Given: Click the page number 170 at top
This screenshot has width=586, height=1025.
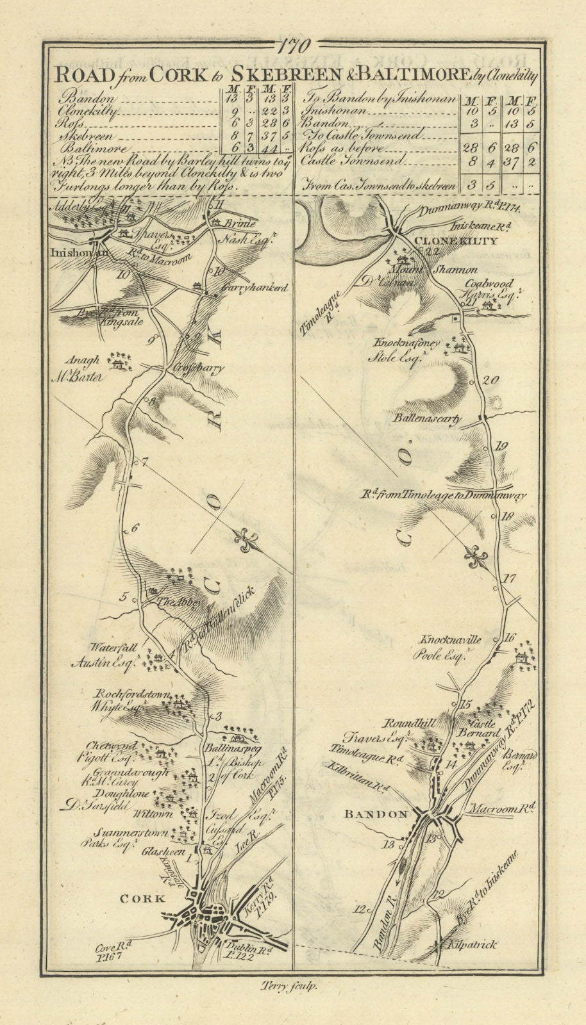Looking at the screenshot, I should pos(294,47).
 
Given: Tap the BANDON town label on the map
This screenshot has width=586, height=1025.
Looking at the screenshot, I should pos(376,814).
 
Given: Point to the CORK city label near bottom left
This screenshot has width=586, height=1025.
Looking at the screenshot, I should pos(144,898).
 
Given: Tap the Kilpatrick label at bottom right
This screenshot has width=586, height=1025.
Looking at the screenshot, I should pos(472,944).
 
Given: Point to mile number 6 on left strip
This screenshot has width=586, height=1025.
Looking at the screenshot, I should pos(135,528).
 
